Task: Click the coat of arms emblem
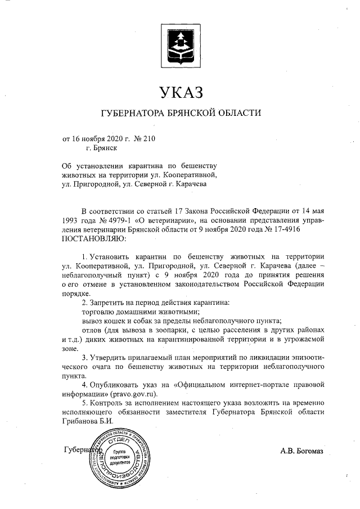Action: tap(179, 47)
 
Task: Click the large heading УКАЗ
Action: tap(179, 92)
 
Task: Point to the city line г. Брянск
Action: tap(102, 149)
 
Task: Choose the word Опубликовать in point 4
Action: tap(118, 385)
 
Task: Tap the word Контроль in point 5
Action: tap(110, 403)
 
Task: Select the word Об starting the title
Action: tap(67, 167)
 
